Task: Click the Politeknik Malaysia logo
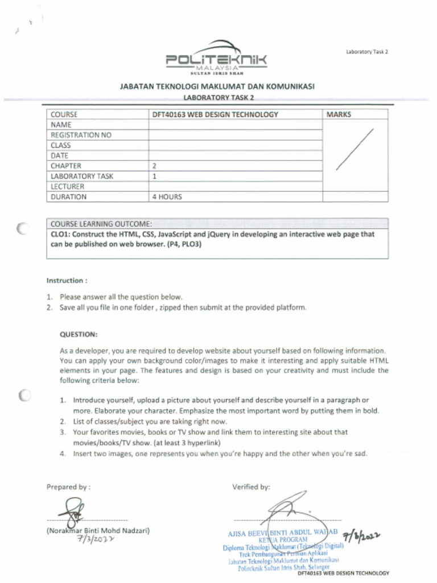coord(216,59)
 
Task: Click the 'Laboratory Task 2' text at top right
coord(366,52)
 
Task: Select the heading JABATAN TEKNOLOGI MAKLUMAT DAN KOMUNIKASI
coord(217,87)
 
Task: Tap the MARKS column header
coord(339,114)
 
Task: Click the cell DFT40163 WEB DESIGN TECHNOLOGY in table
coord(215,114)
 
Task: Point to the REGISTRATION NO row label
coord(81,135)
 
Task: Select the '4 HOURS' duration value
coord(167,197)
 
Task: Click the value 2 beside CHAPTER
coord(154,166)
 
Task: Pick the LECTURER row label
coord(67,187)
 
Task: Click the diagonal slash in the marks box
coord(354,150)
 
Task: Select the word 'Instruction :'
coord(67,281)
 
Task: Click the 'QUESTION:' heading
coord(79,334)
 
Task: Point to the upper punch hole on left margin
coord(23,229)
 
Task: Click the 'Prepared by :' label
coord(68,487)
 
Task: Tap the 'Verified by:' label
coord(251,487)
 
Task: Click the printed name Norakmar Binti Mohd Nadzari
coord(97,531)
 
